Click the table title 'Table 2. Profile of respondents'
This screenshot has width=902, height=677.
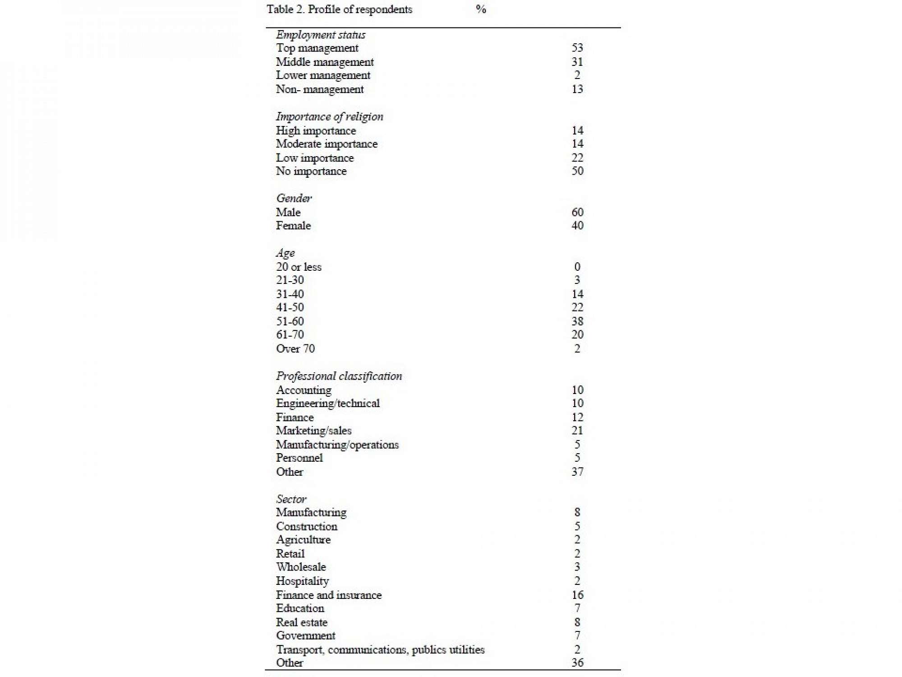(x=339, y=9)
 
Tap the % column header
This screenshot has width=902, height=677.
(x=481, y=9)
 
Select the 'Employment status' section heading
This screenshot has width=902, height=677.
(x=321, y=35)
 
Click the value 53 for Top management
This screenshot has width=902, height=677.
(x=577, y=48)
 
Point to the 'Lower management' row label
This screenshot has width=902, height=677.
(x=323, y=75)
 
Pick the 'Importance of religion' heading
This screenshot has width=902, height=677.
(x=329, y=116)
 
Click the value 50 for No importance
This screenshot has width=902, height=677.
(x=577, y=171)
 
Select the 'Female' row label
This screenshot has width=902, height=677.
(x=293, y=226)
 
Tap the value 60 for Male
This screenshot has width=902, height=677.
(x=577, y=212)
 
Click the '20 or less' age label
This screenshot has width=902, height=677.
(x=299, y=267)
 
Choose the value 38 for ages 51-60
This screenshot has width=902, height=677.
(x=577, y=321)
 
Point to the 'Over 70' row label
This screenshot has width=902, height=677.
(x=295, y=348)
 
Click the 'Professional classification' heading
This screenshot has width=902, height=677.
(x=339, y=376)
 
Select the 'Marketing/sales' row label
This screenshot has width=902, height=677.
(x=313, y=431)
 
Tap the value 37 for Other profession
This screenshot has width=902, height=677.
(x=577, y=472)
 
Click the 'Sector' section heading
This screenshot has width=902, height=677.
(x=291, y=499)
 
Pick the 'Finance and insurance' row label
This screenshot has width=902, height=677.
(x=329, y=595)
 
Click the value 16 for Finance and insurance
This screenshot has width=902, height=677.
(x=577, y=595)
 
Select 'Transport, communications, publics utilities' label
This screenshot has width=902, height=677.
(x=380, y=649)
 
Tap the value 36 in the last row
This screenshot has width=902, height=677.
(x=577, y=663)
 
